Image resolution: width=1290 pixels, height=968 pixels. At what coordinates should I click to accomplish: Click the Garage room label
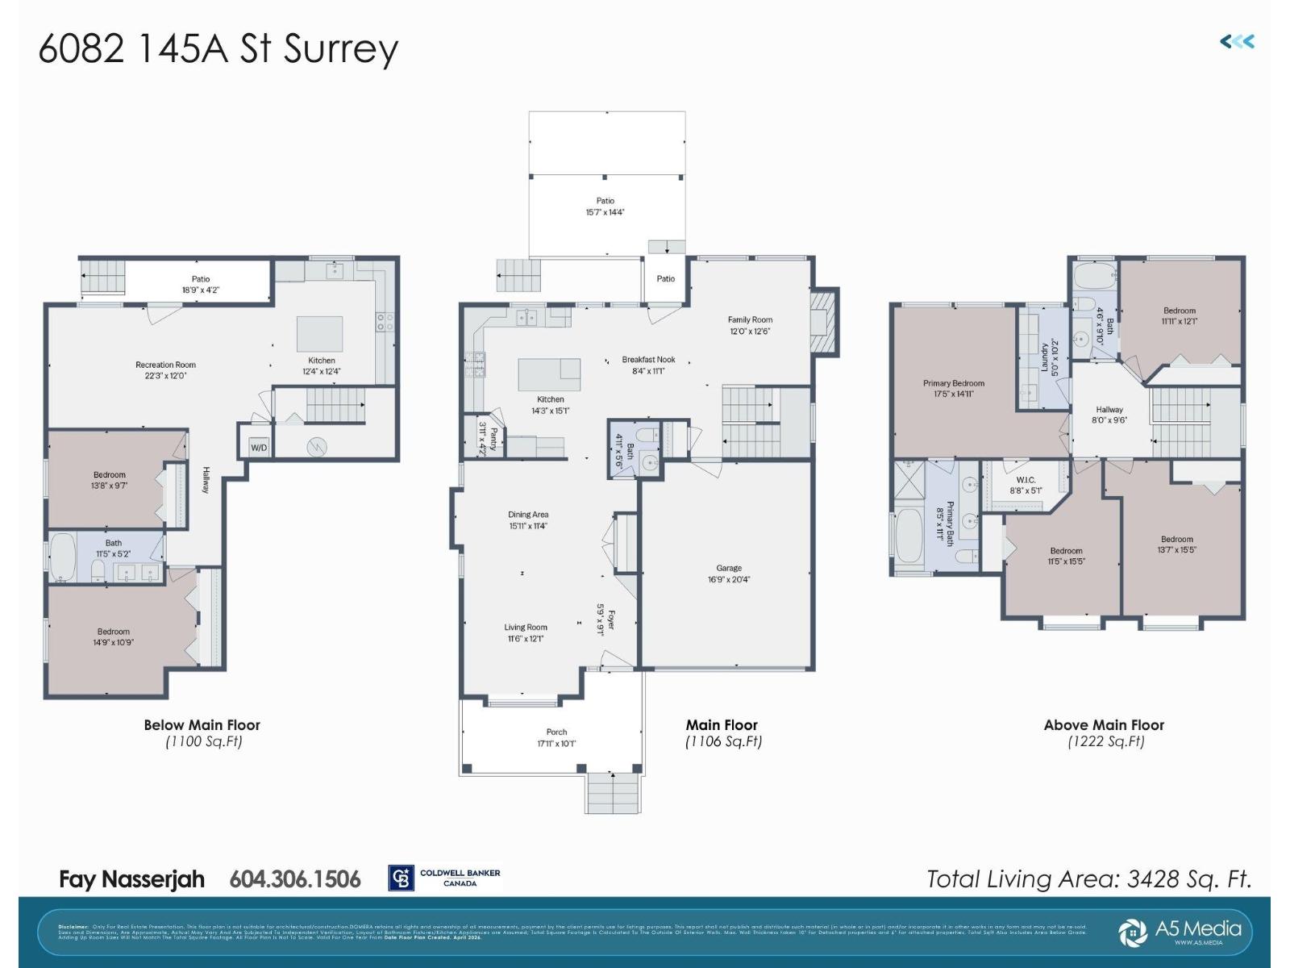click(729, 568)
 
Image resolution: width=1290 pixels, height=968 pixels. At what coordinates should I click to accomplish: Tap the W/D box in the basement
click(259, 448)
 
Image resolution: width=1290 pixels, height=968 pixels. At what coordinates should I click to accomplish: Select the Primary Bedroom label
click(954, 383)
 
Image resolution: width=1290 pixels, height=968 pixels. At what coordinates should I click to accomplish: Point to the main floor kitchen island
click(548, 374)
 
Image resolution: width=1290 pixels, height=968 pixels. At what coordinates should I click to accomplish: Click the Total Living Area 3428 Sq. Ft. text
click(1088, 878)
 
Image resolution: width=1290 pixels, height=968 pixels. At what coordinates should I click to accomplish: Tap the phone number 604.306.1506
click(295, 878)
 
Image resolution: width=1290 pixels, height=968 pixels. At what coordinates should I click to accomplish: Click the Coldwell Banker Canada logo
click(445, 878)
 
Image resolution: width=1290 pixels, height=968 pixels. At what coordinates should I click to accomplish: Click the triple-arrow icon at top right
click(1237, 42)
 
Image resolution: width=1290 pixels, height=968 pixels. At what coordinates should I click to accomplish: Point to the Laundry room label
click(1044, 356)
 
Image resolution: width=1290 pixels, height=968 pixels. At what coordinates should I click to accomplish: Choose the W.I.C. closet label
click(1026, 480)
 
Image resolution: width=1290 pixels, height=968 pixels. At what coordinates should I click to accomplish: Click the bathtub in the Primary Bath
click(909, 534)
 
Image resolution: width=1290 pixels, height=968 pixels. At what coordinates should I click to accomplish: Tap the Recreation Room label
click(165, 365)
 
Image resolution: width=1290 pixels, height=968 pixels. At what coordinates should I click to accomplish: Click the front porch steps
click(614, 793)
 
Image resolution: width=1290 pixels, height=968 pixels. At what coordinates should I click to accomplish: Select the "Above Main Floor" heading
click(1104, 724)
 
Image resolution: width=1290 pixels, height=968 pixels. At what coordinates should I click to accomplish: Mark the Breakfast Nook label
click(648, 360)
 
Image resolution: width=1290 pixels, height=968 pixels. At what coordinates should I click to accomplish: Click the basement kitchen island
click(320, 333)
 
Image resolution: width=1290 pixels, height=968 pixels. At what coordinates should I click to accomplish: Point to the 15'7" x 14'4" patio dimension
click(605, 212)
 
